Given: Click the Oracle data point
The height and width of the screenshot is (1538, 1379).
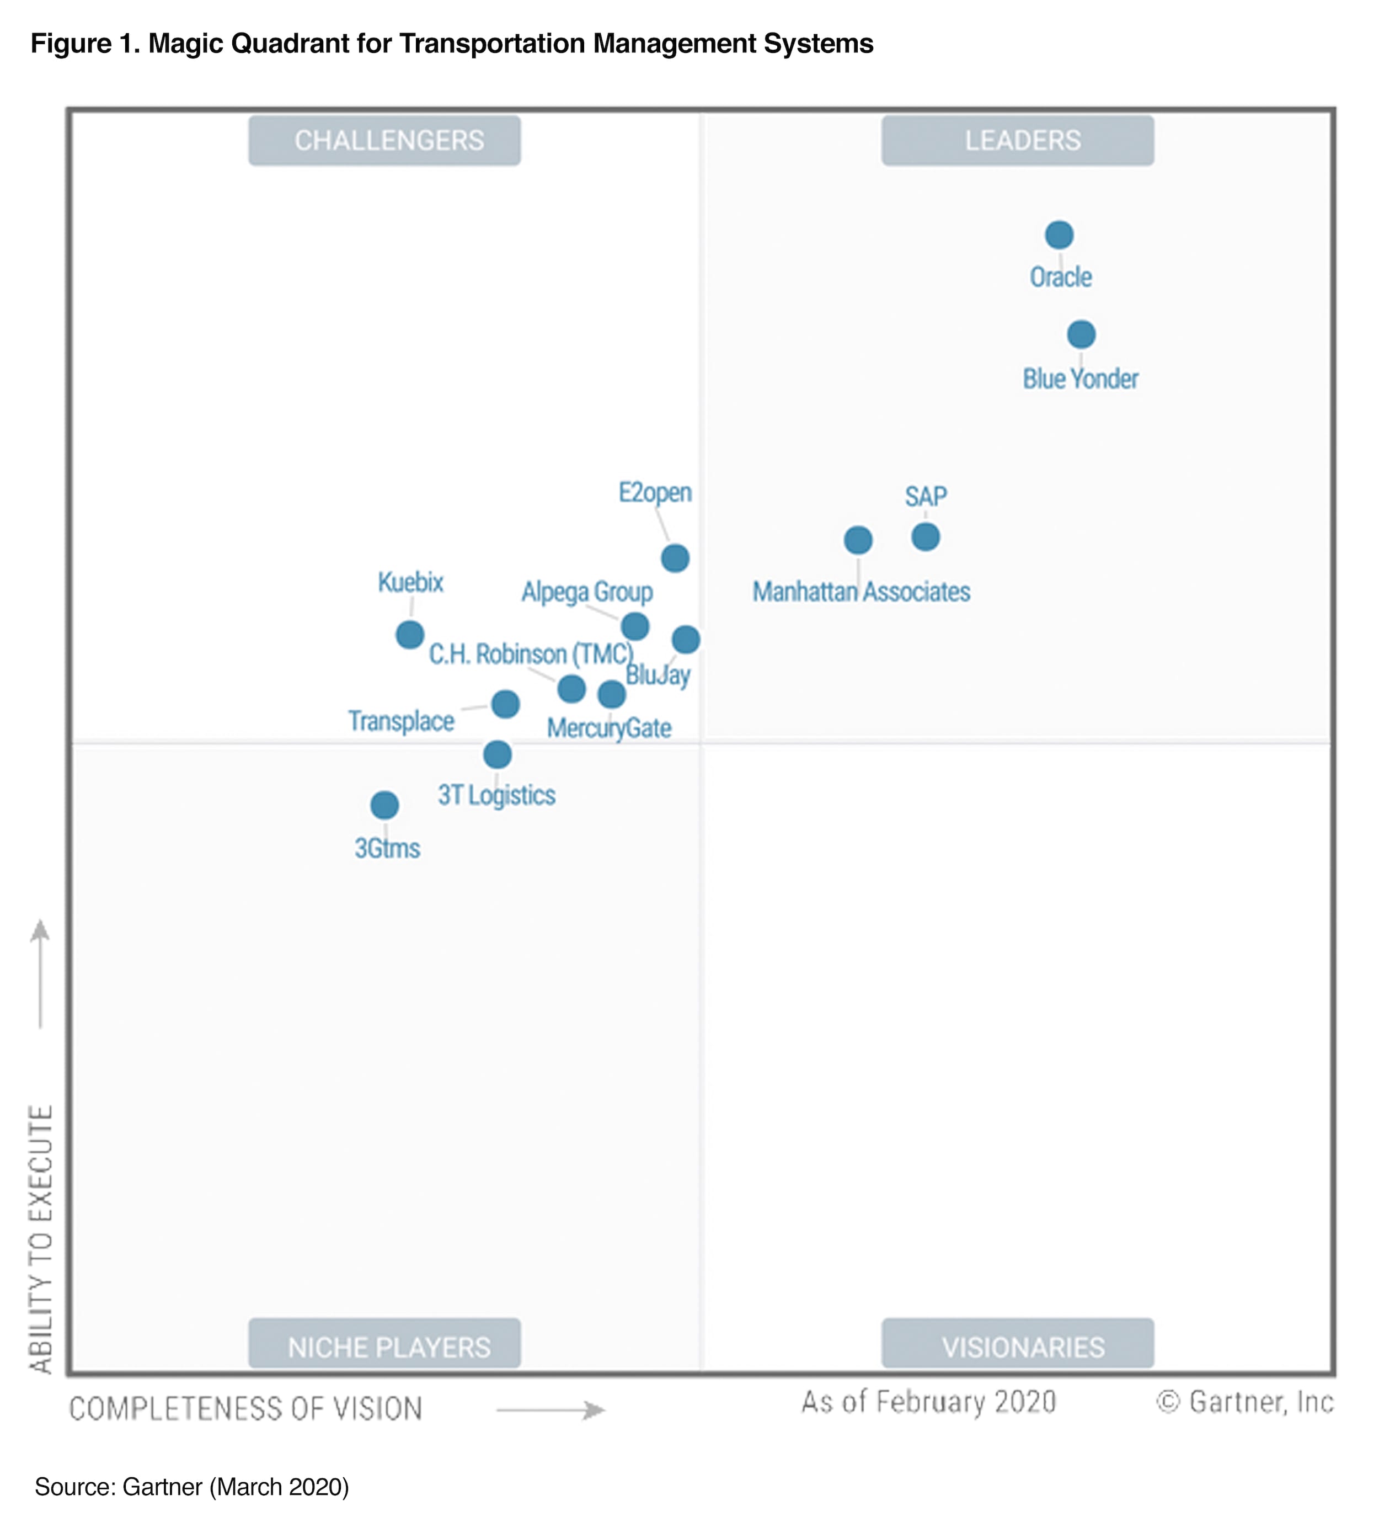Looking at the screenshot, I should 1059,235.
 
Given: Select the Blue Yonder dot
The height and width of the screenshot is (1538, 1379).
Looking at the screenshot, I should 1081,334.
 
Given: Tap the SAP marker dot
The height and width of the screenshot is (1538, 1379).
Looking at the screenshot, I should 925,536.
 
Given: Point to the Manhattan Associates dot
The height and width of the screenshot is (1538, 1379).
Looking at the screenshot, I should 858,540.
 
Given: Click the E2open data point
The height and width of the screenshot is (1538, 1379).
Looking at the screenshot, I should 675,558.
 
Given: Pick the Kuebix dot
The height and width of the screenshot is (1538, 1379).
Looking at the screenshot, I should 410,635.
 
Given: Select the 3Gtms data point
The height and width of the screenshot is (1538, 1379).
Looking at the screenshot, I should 384,805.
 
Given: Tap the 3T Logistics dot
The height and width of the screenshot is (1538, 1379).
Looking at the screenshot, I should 497,754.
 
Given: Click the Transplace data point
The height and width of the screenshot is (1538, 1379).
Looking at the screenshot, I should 505,704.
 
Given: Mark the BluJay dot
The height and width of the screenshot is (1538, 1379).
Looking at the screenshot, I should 686,639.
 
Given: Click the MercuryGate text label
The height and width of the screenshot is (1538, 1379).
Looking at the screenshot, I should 609,728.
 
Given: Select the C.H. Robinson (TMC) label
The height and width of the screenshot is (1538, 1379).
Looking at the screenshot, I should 531,653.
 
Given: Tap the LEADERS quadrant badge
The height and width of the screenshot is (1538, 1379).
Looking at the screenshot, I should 1018,140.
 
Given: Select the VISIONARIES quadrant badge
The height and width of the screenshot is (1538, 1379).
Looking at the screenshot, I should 1018,1347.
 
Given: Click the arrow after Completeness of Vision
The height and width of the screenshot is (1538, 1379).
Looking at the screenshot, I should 551,1410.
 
